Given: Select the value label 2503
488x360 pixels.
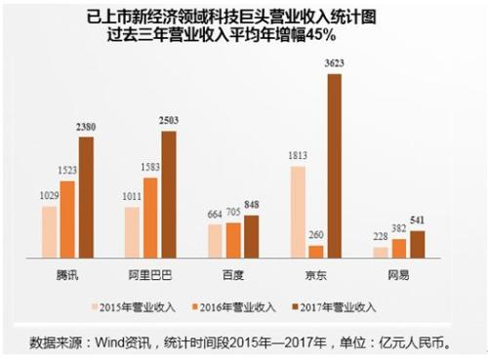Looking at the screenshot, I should [x=169, y=121].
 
